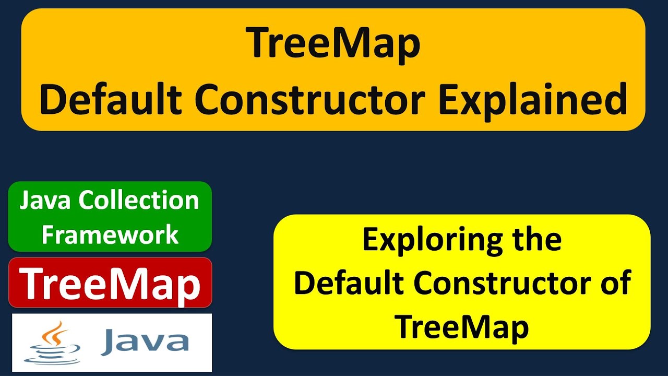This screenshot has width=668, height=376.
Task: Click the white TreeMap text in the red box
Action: [110, 283]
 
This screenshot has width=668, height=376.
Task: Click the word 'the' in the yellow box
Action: [538, 240]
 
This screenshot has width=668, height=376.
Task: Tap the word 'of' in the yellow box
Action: [616, 284]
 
